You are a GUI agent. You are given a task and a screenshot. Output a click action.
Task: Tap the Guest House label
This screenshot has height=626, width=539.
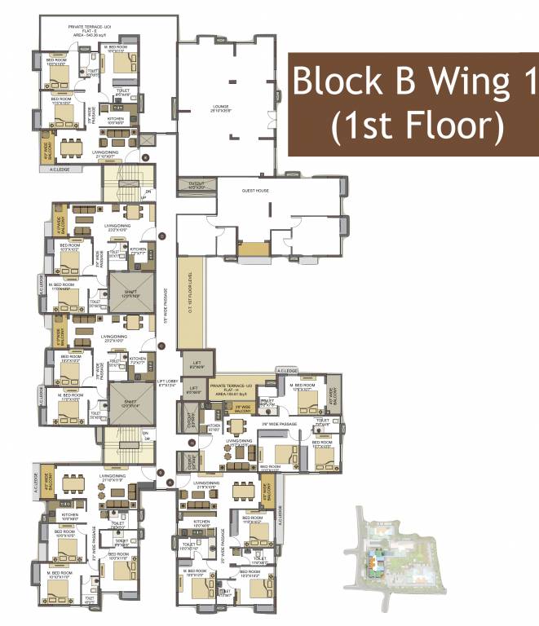pyautogui.click(x=255, y=190)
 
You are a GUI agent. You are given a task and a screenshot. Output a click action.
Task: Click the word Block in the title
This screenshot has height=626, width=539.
pyautogui.click(x=333, y=83)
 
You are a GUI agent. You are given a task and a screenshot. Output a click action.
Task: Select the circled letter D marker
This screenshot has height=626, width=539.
pyautogui.click(x=163, y=236)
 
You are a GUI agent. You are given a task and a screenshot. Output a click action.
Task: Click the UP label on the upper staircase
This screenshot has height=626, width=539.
pyautogui.click(x=143, y=197)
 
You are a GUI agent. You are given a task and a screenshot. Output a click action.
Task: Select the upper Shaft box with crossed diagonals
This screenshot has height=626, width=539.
pyautogui.click(x=130, y=293)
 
